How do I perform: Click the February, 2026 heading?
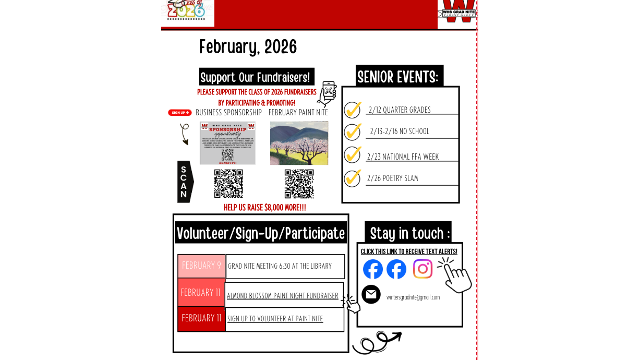pyautogui.click(x=248, y=47)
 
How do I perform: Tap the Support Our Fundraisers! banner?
pyautogui.click(x=256, y=77)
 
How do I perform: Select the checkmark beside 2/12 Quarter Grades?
pyautogui.click(x=353, y=110)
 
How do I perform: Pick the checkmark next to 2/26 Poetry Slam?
pyautogui.click(x=353, y=178)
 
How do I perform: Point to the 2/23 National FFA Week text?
pyautogui.click(x=403, y=157)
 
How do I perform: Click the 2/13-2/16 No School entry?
pyautogui.click(x=400, y=131)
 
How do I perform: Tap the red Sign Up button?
pyautogui.click(x=180, y=113)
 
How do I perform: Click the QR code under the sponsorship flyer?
pyautogui.click(x=228, y=184)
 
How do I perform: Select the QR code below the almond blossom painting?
pyautogui.click(x=299, y=184)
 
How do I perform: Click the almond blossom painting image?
pyautogui.click(x=299, y=143)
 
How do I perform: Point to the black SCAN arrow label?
pyautogui.click(x=185, y=182)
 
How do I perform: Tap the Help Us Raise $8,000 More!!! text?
pyautogui.click(x=264, y=208)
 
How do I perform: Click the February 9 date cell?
pyautogui.click(x=201, y=266)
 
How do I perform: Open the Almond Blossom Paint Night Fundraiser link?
pyautogui.click(x=283, y=296)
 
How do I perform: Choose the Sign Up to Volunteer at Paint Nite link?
pyautogui.click(x=275, y=319)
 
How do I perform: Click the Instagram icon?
pyautogui.click(x=422, y=269)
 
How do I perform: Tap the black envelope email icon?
pyautogui.click(x=371, y=294)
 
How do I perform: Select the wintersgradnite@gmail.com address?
pyautogui.click(x=413, y=297)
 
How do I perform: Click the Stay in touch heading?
pyautogui.click(x=409, y=233)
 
